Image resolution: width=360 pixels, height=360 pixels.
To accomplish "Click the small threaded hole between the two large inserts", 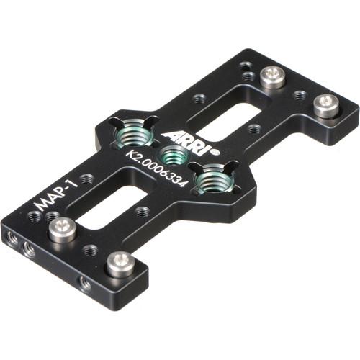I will [171, 153].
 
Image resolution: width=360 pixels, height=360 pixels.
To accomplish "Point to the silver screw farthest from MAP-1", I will [326, 105].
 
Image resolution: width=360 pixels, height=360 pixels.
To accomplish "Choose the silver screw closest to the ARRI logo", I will [271, 77].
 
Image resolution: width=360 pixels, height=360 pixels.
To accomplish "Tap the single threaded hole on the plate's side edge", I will [86, 283].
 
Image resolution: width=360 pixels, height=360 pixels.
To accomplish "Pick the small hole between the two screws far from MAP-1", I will [300, 95].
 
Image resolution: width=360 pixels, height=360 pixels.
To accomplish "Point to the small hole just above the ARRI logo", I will [197, 101].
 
